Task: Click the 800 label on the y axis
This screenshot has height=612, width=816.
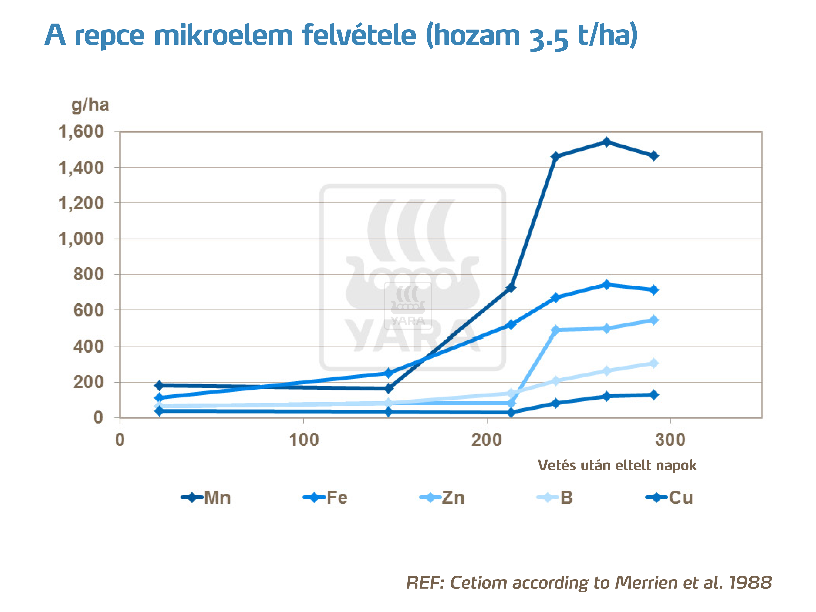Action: [x=88, y=274]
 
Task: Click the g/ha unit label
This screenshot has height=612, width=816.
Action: [x=90, y=105]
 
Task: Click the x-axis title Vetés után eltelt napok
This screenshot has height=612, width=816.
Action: [x=617, y=465]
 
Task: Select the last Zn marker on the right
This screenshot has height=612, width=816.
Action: [x=654, y=320]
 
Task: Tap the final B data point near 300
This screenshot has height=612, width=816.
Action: [x=654, y=363]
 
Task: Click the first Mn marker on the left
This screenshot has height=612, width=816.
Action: [x=159, y=385]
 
